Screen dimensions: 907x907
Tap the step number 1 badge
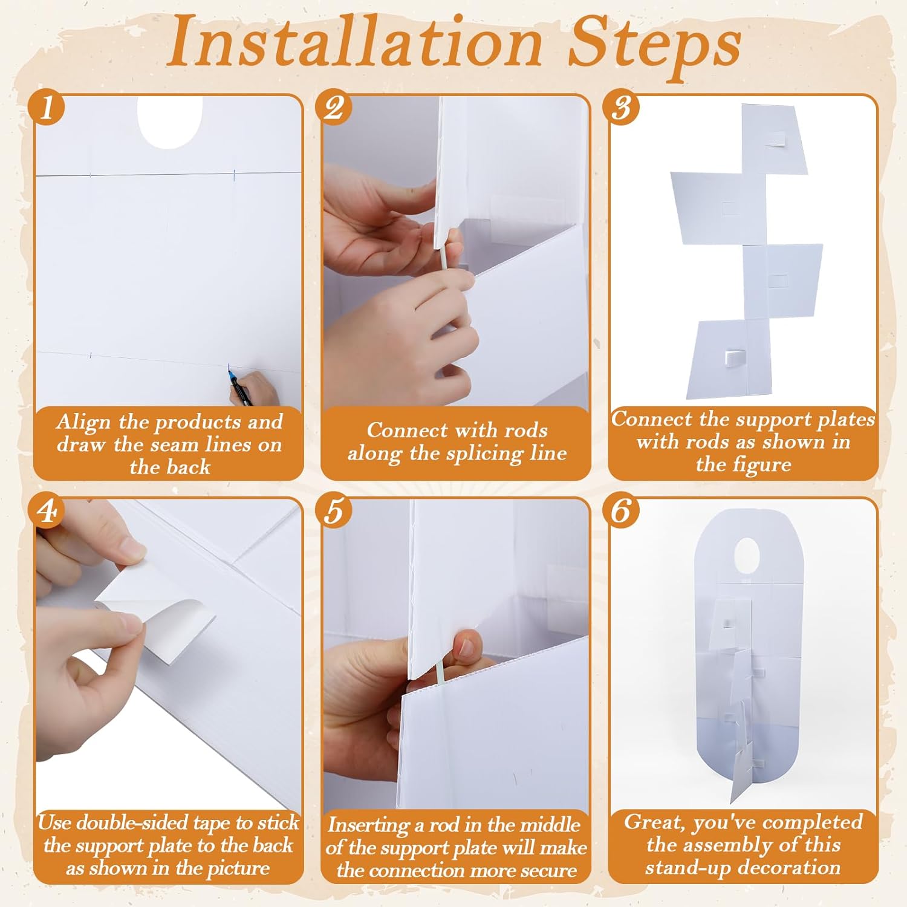click(x=47, y=108)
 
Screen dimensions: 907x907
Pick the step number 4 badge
click(x=47, y=511)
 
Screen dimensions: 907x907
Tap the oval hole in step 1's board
click(x=170, y=122)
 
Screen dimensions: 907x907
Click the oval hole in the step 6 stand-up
click(x=747, y=556)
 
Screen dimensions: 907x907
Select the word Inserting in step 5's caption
click(x=368, y=826)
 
